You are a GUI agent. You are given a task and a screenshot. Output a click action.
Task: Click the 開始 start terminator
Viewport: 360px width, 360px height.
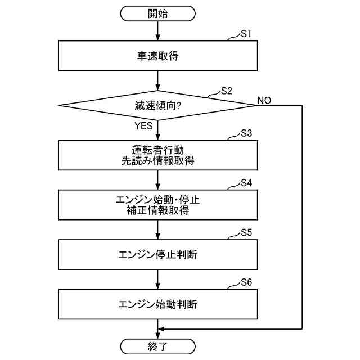[158, 13]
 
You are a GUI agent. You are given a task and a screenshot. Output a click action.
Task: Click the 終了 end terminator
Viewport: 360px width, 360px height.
[158, 345]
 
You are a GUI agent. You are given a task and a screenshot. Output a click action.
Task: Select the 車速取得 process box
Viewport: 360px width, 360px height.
[158, 56]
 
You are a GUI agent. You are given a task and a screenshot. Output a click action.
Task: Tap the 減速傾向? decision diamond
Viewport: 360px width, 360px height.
[158, 105]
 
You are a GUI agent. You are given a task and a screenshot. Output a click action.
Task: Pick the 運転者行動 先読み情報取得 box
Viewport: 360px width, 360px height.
[158, 155]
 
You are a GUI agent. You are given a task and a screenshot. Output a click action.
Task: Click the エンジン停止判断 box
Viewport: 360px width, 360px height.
[158, 254]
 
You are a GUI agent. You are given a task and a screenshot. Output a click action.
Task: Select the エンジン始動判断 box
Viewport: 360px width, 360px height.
[158, 304]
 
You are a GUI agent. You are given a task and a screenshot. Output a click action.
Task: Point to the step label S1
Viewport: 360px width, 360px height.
[246, 34]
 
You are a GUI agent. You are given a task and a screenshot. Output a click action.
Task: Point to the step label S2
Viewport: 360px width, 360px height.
[226, 91]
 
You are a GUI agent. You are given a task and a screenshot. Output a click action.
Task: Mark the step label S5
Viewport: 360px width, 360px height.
[246, 232]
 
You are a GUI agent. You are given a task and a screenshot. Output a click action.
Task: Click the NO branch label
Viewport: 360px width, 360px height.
[264, 100]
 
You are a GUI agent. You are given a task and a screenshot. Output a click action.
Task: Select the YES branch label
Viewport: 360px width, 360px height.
[144, 126]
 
